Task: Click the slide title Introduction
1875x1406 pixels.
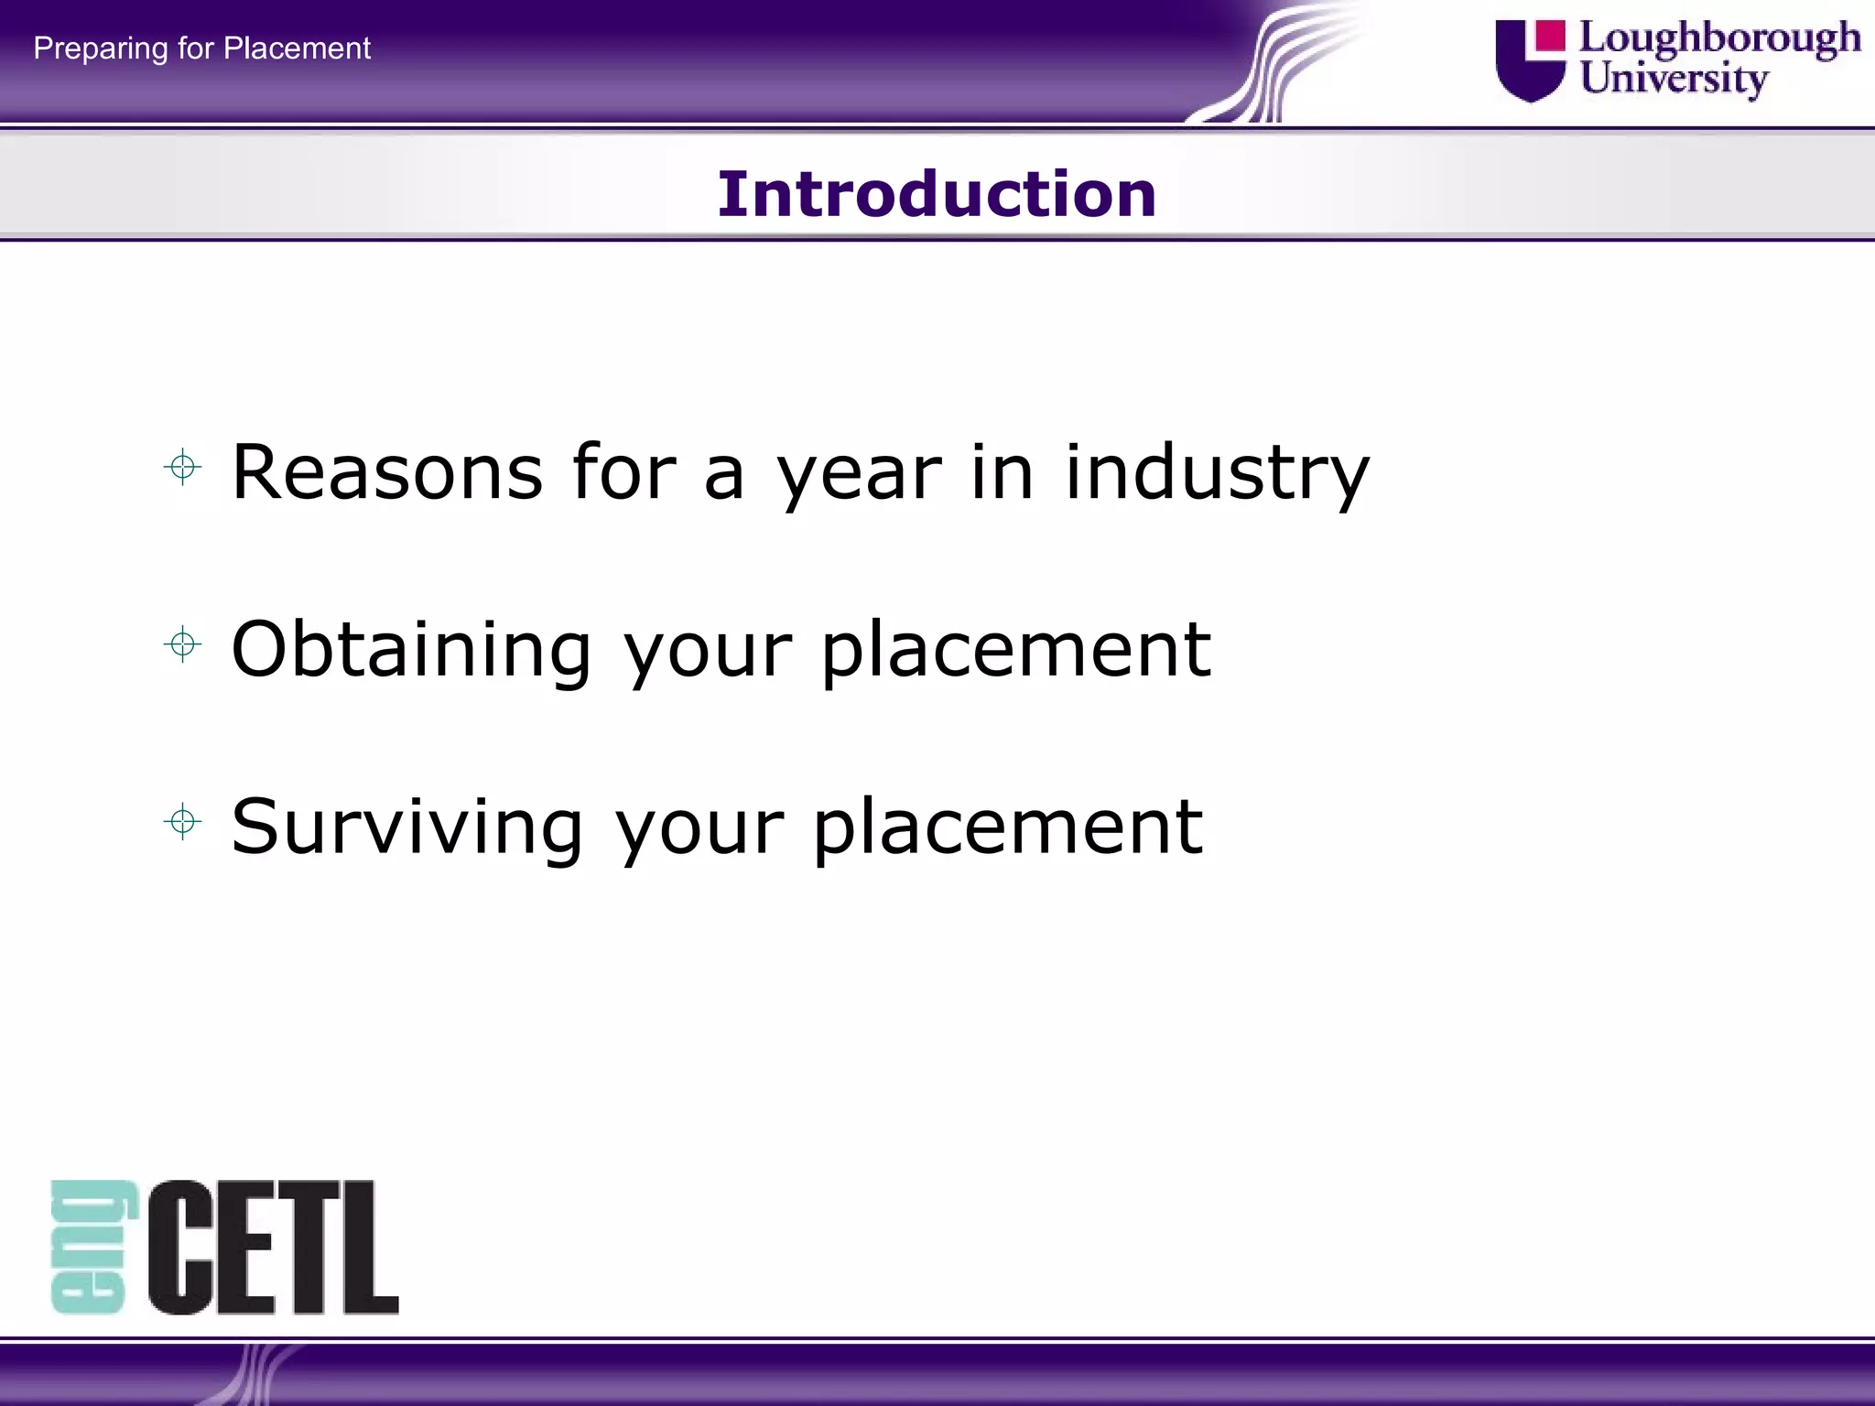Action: pyautogui.click(x=937, y=194)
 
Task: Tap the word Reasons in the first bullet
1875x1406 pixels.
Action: pyautogui.click(x=387, y=471)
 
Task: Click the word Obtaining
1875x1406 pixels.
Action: pyautogui.click(x=411, y=650)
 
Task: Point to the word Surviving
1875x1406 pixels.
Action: pyautogui.click(x=406, y=827)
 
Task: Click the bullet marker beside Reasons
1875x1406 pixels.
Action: pyautogui.click(x=182, y=468)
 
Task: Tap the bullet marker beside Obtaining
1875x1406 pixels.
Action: pyautogui.click(x=182, y=644)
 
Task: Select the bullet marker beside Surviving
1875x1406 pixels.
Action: pyautogui.click(x=182, y=821)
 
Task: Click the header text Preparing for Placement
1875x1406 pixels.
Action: pyautogui.click(x=201, y=48)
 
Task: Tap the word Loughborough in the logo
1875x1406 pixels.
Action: pyautogui.click(x=1719, y=38)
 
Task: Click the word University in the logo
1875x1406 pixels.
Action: pyautogui.click(x=1674, y=79)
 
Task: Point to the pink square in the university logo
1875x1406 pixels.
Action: pyautogui.click(x=1549, y=36)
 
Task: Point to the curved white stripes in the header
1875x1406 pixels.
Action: pyautogui.click(x=1282, y=64)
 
